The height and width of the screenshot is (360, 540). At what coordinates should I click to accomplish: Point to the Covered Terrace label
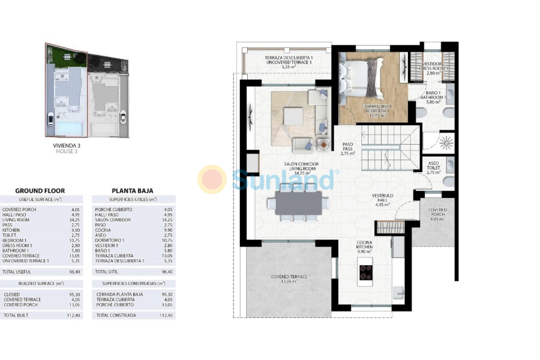pos(289,278)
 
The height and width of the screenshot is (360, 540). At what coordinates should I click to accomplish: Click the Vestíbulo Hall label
pos(382,200)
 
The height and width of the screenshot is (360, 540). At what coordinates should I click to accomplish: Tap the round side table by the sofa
pos(324,145)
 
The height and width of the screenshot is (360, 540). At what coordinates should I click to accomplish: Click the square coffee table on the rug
pos(293,116)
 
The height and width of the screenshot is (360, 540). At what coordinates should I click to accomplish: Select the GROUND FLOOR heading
pos(40,191)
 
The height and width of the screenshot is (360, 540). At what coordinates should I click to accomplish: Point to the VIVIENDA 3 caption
pos(67,145)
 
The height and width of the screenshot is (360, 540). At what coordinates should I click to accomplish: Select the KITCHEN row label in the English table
pos(12,229)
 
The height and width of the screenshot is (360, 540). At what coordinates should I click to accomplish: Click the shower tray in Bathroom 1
pos(446,143)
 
